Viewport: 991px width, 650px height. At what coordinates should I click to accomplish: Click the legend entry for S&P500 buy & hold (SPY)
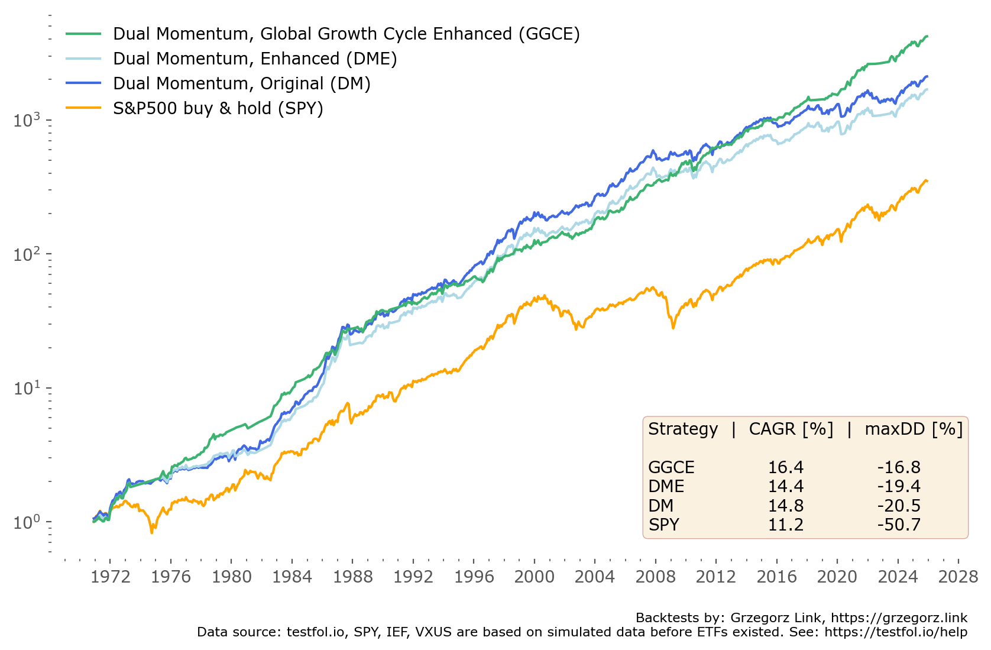218,108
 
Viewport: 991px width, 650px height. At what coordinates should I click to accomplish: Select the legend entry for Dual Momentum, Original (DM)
241,83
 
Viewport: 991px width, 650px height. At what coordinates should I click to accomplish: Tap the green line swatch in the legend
83,34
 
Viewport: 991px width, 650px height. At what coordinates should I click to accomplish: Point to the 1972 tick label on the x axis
110,577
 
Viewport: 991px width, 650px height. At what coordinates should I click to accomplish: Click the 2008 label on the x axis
655,577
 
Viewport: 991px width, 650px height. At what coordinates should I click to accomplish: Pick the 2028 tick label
958,577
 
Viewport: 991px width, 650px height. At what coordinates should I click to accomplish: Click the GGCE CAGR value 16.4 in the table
785,467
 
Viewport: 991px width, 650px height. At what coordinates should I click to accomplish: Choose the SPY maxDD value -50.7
899,525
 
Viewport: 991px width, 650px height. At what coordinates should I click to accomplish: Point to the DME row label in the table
666,486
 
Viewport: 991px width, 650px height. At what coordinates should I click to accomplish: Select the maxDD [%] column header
914,429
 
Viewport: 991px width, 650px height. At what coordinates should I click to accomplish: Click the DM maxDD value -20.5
899,506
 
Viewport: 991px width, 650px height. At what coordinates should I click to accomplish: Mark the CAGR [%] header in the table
791,429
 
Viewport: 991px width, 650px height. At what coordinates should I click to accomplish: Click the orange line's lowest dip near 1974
152,532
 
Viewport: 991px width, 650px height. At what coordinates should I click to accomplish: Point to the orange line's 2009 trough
673,327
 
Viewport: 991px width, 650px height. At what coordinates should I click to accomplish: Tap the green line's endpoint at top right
927,37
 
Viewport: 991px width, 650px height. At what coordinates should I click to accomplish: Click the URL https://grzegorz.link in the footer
899,618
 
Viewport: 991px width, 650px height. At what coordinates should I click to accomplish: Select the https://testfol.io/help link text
896,632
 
